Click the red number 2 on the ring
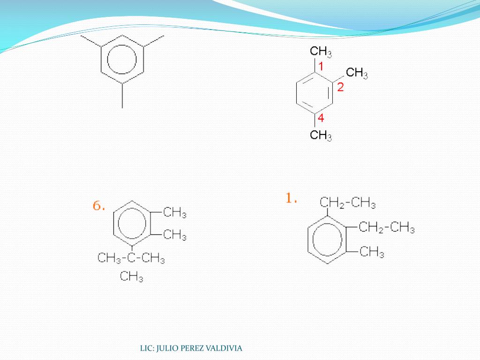click(x=340, y=87)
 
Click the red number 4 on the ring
click(x=321, y=118)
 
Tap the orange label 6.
click(x=98, y=206)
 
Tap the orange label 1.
click(x=292, y=199)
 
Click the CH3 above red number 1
click(x=321, y=52)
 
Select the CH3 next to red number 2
click(x=357, y=73)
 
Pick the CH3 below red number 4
click(x=321, y=136)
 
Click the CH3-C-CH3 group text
click(x=131, y=258)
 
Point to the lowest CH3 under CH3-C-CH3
click(x=131, y=277)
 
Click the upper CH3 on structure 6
click(x=175, y=213)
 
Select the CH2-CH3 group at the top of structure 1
click(x=348, y=203)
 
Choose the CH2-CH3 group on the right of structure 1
click(x=387, y=228)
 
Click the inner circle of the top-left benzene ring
click(x=122, y=59)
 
